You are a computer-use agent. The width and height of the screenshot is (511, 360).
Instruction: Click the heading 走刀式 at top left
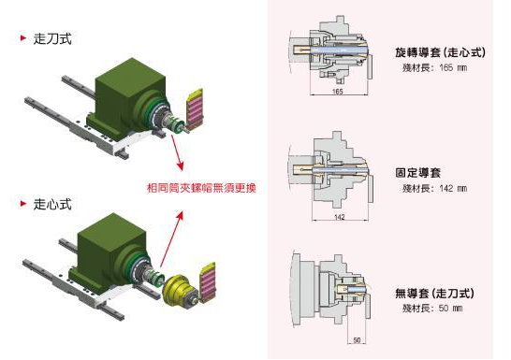(x=51, y=39)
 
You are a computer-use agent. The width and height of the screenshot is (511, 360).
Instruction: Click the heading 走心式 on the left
(x=51, y=203)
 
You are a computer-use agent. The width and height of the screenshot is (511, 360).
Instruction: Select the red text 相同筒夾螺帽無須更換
(x=201, y=187)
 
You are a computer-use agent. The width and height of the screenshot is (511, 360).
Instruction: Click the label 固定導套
(x=419, y=173)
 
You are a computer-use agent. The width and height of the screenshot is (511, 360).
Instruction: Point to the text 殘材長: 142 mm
(x=433, y=188)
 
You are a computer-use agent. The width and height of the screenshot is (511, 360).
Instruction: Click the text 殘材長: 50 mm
(x=431, y=308)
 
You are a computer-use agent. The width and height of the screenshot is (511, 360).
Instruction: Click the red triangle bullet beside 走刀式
(x=22, y=39)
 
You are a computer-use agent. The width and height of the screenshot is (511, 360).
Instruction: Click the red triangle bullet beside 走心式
(x=22, y=203)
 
